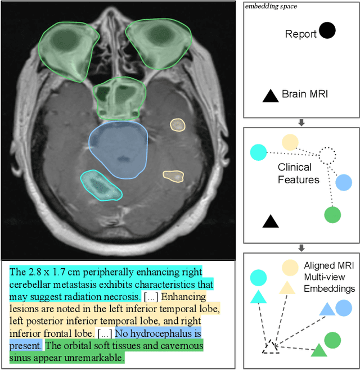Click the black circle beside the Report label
pyautogui.click(x=327, y=30)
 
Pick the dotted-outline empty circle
pyautogui.click(x=326, y=155)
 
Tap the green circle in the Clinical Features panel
pyautogui.click(x=333, y=215)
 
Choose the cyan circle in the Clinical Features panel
pyautogui.click(x=257, y=152)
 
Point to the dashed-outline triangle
pyautogui.click(x=271, y=348)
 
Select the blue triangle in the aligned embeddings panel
pyautogui.click(x=326, y=309)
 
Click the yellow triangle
pyautogui.click(x=287, y=288)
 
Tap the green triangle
pyautogui.click(x=319, y=351)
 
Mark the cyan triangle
pyautogui.click(x=258, y=296)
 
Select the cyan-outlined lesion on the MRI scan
pyautogui.click(x=101, y=186)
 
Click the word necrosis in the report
pyautogui.click(x=123, y=296)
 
